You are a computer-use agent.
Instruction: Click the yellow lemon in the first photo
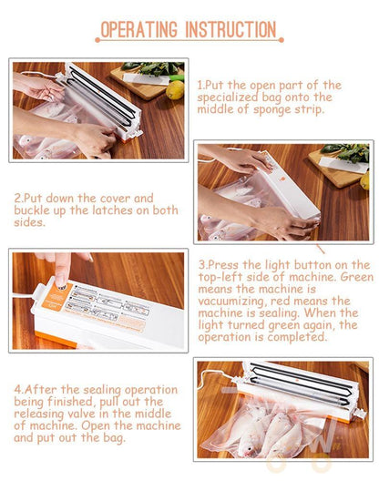tap(175, 90)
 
